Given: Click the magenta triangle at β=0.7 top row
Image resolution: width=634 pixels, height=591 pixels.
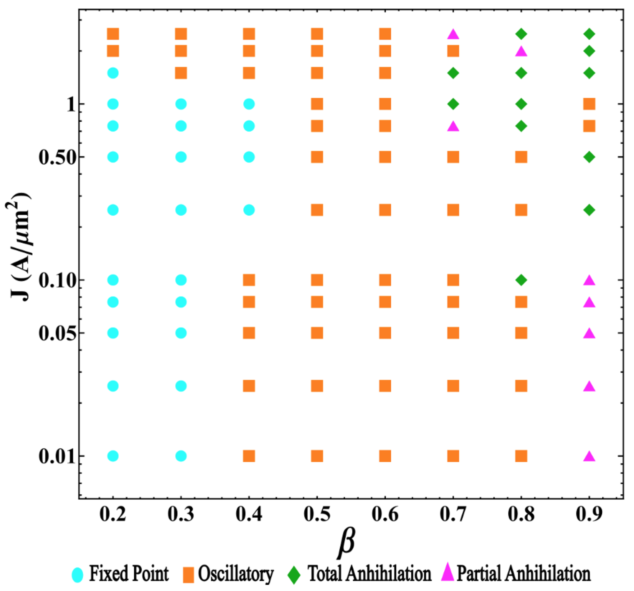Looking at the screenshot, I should tap(453, 34).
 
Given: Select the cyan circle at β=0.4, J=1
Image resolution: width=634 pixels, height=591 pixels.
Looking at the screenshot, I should tap(249, 104).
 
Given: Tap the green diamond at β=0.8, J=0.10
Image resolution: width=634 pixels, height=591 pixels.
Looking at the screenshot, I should tap(521, 280).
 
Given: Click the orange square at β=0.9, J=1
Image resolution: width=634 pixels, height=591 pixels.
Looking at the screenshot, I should tap(589, 104).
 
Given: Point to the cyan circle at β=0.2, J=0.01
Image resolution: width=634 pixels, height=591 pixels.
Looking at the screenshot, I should tap(113, 456).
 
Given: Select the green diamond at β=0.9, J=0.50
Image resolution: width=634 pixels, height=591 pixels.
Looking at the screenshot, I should tap(589, 157).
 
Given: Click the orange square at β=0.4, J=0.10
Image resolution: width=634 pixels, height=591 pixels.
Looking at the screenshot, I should tap(249, 280).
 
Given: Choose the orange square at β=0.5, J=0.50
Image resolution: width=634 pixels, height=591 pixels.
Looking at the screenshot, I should tap(317, 157).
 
